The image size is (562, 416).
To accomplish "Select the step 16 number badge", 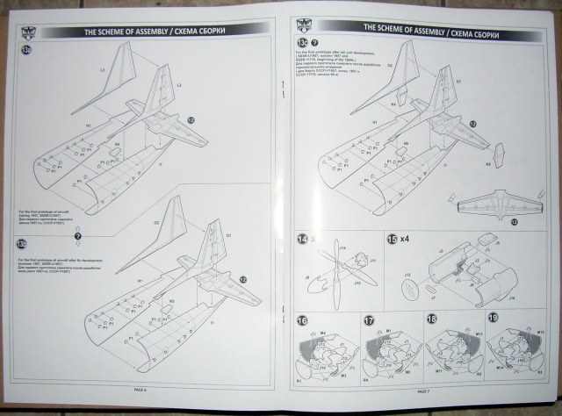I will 303,321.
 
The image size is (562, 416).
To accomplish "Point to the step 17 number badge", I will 369,321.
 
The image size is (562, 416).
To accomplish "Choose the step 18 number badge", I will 431,321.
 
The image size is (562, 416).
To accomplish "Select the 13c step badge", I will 304,41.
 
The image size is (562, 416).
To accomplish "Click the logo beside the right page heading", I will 301,25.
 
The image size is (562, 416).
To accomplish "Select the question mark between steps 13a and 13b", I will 77,235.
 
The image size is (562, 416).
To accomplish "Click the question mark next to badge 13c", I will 316,42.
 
